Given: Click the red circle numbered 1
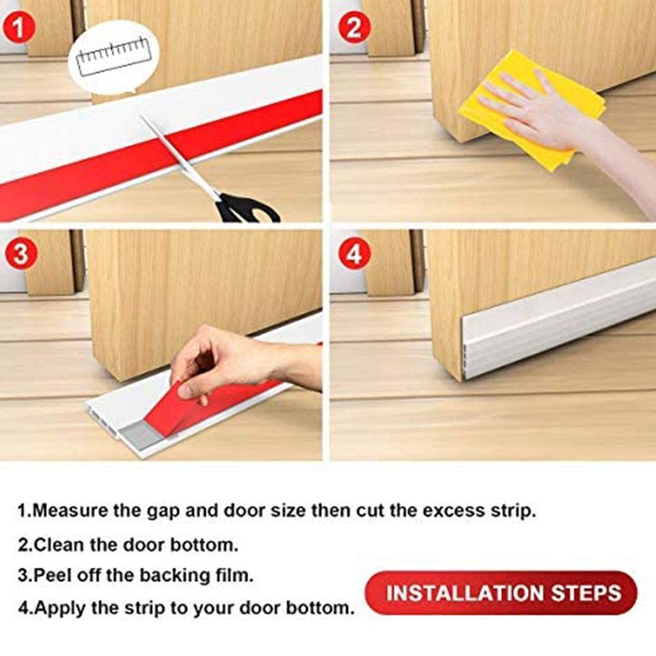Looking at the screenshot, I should [20, 29].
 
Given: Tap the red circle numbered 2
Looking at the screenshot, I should [354, 29].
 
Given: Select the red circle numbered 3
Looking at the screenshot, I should [20, 254].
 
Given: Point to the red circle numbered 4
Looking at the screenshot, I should [354, 254].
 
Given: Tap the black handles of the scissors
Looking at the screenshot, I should [246, 209].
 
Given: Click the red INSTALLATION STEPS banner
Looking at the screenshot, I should [502, 593].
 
